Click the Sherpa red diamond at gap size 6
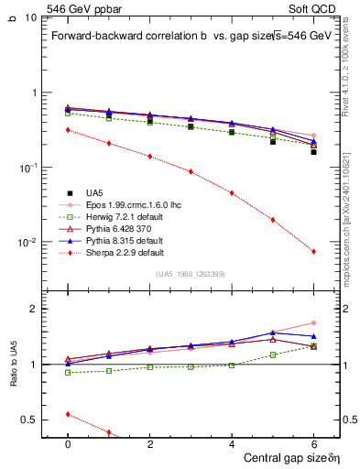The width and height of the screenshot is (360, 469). pyautogui.click(x=313, y=251)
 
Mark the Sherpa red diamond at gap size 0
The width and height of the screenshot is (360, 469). pyautogui.click(x=68, y=130)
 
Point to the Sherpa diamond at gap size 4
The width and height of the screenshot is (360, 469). pyautogui.click(x=232, y=193)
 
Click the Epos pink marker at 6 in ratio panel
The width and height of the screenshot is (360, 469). pyautogui.click(x=313, y=322)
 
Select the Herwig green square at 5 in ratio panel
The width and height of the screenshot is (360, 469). pyautogui.click(x=272, y=354)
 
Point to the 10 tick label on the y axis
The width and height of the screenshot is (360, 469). pyautogui.click(x=30, y=17)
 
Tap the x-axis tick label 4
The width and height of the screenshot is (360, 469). pyautogui.click(x=232, y=443)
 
